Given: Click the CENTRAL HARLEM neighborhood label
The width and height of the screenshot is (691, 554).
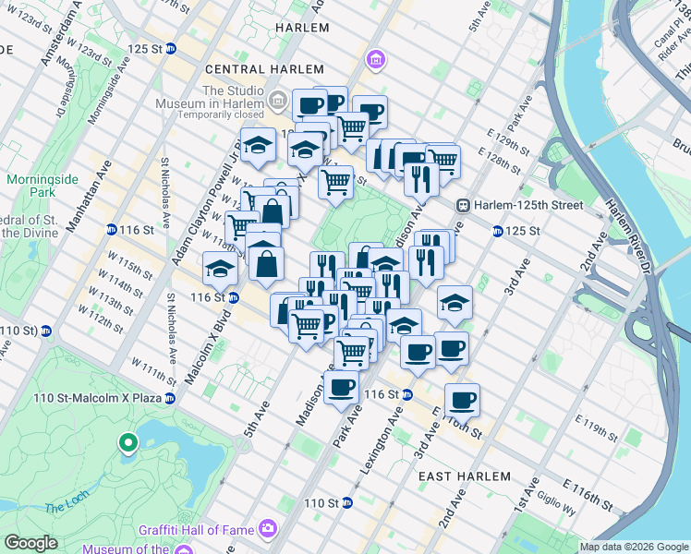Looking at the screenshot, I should [264, 69].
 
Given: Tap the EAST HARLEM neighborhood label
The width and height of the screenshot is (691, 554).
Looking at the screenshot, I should [464, 476].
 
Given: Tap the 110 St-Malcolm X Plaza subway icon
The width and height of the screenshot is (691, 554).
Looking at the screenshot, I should [170, 398].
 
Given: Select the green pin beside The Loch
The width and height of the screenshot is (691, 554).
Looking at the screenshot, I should [127, 444].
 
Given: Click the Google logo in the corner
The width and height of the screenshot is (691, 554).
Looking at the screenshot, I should [30, 543].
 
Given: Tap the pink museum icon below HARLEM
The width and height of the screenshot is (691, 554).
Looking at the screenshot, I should [375, 61].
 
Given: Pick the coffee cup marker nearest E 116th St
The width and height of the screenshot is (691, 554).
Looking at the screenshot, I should [462, 400].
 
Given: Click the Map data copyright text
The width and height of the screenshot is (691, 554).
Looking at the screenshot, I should [633, 547].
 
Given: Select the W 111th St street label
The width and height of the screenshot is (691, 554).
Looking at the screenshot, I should [153, 370].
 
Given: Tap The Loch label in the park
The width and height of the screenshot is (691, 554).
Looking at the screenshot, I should [67, 506].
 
